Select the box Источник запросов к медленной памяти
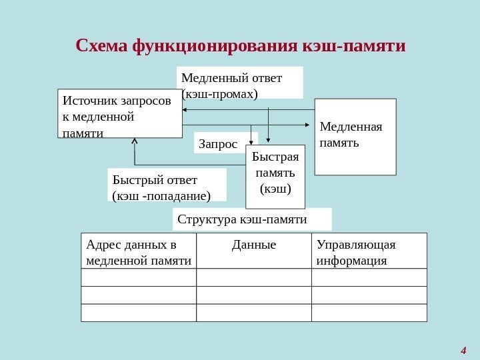(120, 113)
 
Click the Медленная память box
(355, 137)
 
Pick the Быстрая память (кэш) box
(275, 176)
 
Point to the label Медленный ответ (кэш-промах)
(240, 83)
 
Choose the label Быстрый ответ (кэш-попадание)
(167, 185)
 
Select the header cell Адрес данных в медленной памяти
(139, 251)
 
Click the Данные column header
(254, 245)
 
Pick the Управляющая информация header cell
(369, 251)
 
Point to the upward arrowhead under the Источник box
(135, 141)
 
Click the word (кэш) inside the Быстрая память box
(275, 189)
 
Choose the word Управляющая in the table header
(357, 244)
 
